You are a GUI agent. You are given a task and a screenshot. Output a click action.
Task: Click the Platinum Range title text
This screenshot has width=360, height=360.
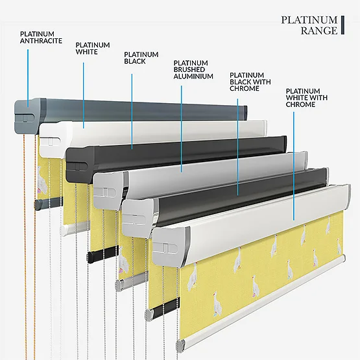coord(309,25)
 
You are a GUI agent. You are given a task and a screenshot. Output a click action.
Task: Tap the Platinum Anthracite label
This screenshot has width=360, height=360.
coord(41,37)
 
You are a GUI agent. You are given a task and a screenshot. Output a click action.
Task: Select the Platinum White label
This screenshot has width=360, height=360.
coord(93,48)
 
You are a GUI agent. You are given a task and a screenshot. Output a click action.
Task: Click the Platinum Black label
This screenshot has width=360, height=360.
coord(141,58)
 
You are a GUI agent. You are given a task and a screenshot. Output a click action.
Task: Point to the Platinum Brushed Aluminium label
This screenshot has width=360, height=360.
coord(193,69)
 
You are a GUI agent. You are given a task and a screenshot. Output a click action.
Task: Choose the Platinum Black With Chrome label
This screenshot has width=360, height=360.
coord(250,82)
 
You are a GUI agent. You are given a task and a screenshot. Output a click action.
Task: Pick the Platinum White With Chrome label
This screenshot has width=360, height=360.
coord(307,97)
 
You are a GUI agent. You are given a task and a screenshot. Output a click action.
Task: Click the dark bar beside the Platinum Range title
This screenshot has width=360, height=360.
coord(342,25)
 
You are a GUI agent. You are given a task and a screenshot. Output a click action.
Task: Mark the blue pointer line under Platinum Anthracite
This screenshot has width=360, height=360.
coord(28,78)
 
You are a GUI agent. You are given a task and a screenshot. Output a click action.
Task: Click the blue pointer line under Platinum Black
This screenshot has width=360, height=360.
coord(132,112)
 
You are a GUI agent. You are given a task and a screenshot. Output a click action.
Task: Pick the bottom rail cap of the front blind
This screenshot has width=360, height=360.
coord(180,346)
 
